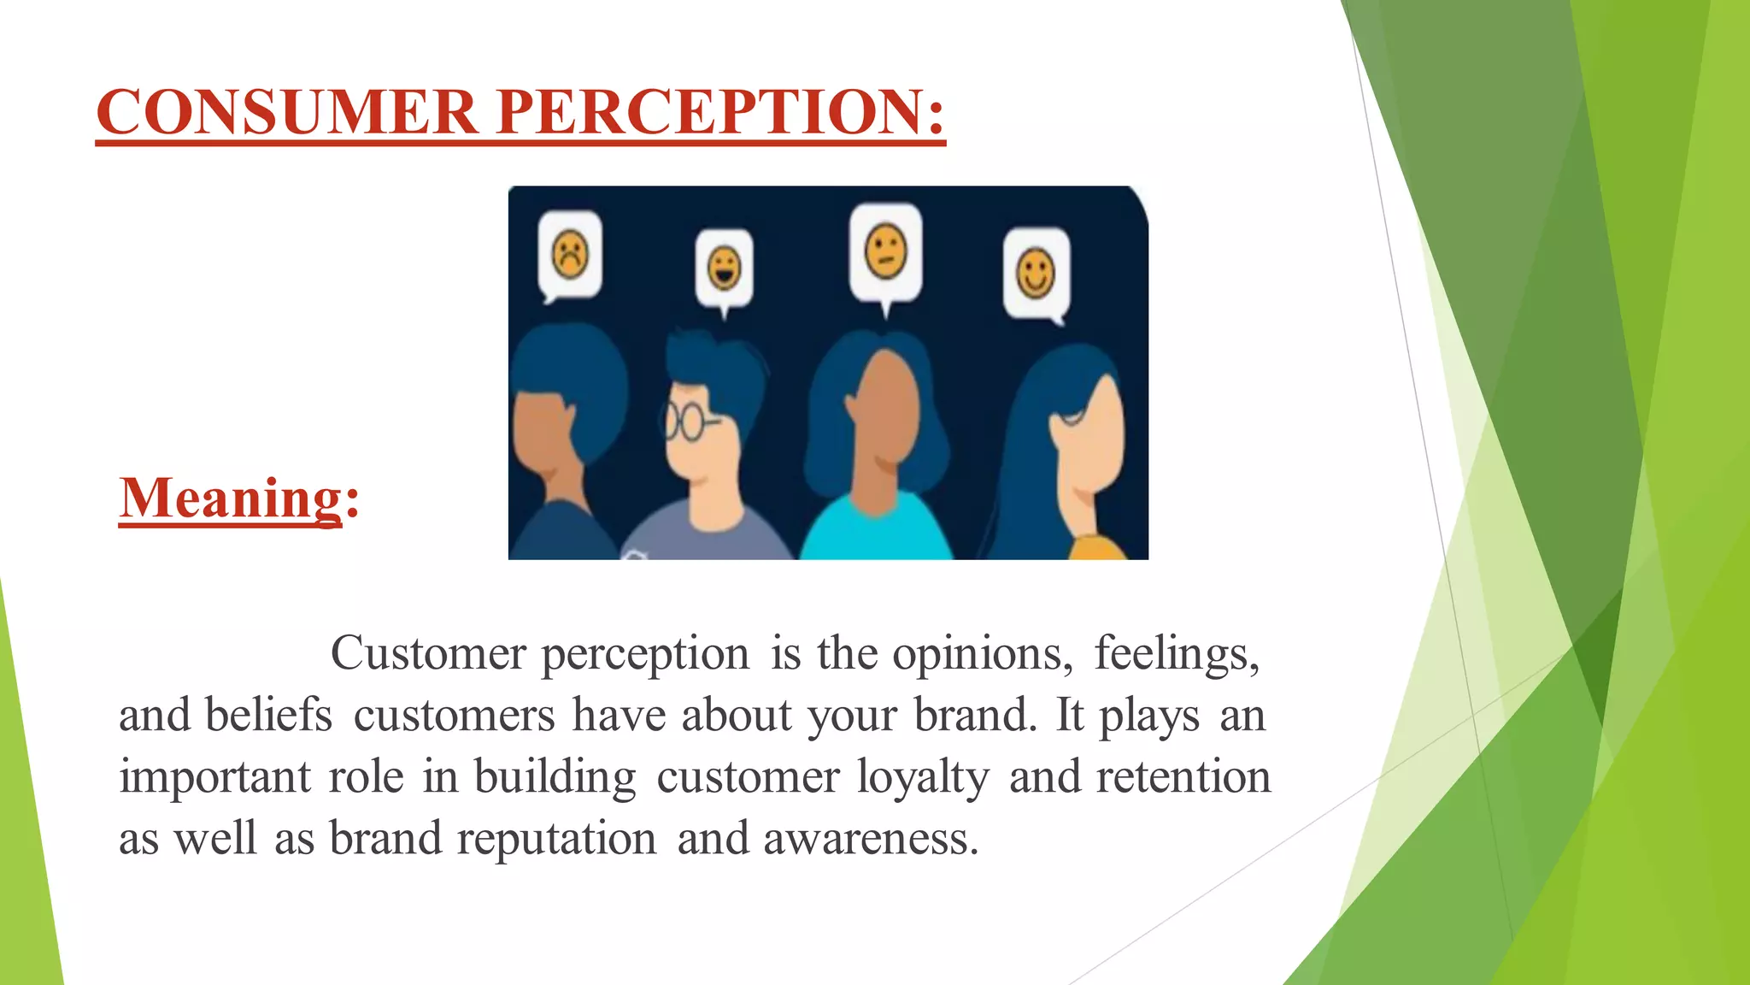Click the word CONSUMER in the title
(286, 112)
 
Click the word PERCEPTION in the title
(719, 112)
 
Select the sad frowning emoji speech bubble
(570, 255)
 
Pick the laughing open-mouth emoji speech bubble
(725, 268)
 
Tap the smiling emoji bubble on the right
(1036, 274)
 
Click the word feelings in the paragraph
(1177, 654)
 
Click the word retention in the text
(1183, 776)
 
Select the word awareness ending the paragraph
(870, 839)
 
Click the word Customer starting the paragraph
(427, 654)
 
